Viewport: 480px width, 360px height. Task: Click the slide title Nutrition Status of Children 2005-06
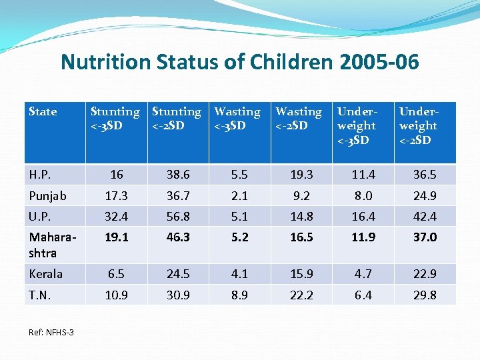click(x=239, y=62)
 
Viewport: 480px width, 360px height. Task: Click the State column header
click(x=43, y=112)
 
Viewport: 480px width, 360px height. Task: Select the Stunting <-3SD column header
click(x=115, y=119)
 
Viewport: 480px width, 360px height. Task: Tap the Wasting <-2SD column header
click(x=299, y=119)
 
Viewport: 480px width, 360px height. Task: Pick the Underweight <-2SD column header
click(x=418, y=125)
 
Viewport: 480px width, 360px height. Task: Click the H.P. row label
click(x=40, y=175)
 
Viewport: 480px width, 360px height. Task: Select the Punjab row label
click(x=47, y=196)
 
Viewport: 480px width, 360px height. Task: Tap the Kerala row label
click(x=46, y=274)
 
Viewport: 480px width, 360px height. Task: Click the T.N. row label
click(x=40, y=295)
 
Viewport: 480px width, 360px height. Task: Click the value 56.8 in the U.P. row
click(x=178, y=217)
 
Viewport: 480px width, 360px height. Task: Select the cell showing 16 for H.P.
click(x=117, y=175)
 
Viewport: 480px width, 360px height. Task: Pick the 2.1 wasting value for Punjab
click(x=239, y=196)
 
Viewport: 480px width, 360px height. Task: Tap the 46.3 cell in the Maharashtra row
click(x=178, y=237)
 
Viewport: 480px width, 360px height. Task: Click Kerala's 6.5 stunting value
click(x=117, y=274)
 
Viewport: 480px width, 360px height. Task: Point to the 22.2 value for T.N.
click(x=301, y=295)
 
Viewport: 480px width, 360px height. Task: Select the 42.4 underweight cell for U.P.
click(x=425, y=217)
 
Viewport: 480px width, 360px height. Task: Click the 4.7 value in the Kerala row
click(x=363, y=274)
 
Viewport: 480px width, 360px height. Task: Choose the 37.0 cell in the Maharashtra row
click(x=425, y=237)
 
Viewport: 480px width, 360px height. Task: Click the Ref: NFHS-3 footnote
click(x=51, y=331)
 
